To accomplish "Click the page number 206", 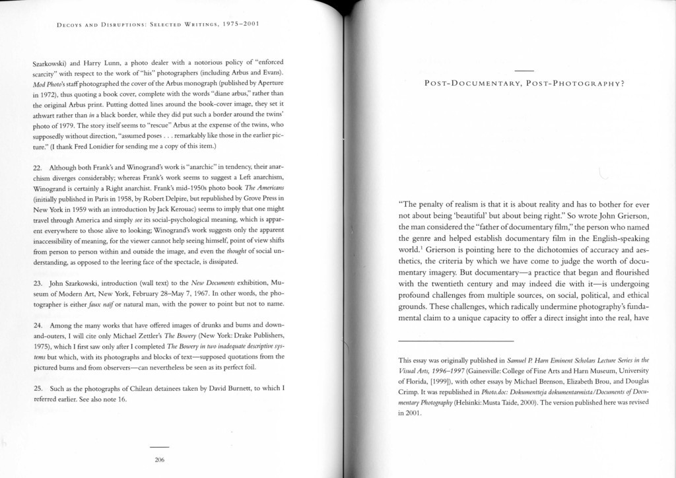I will (x=159, y=460).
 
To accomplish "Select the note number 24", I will (x=37, y=325).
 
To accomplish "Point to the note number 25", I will (x=37, y=388).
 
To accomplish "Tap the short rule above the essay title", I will (x=524, y=71).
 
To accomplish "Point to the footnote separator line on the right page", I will (x=456, y=341).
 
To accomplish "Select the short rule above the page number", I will (x=159, y=446).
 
